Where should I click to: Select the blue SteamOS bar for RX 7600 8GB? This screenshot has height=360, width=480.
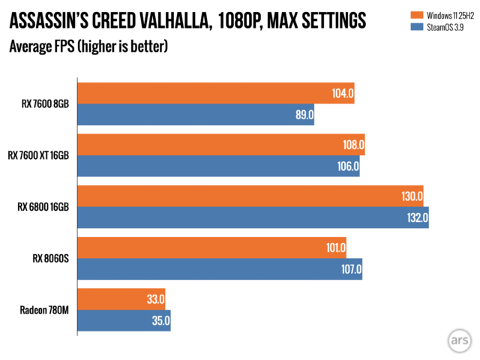click(195, 115)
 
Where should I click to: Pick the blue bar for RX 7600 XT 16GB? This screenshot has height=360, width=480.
click(217, 166)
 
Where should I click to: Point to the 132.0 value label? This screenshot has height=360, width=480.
click(415, 218)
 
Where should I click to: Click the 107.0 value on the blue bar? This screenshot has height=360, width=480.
click(349, 269)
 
